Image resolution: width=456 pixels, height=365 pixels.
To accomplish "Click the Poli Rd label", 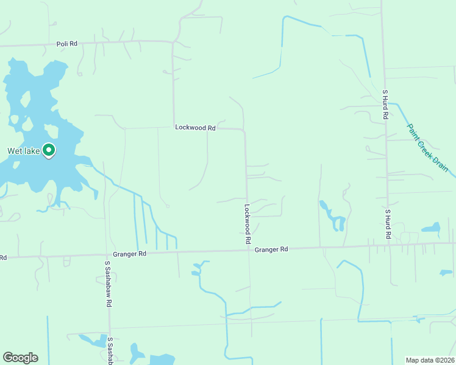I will (67, 44).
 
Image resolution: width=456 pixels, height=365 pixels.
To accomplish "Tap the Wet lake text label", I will (23, 151).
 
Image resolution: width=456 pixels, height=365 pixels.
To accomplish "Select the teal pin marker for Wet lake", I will (49, 150).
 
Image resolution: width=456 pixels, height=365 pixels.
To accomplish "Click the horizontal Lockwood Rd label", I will (195, 128).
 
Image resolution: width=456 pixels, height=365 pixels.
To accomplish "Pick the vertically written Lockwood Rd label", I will (248, 224).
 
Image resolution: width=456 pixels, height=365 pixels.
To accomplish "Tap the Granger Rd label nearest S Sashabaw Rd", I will (130, 254).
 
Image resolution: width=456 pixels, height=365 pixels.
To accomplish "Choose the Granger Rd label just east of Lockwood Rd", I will (271, 249).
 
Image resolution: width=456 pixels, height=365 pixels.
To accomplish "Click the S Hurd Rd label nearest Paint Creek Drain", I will (385, 105).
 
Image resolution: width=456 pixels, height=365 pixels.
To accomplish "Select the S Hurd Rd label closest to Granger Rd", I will (387, 223).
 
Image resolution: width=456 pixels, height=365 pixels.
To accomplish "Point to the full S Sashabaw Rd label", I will (107, 284).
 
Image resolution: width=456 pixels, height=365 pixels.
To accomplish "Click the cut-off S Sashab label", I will (110, 350).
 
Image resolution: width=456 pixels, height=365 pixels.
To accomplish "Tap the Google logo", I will (20, 358).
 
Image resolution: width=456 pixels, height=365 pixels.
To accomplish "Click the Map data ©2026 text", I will (430, 360).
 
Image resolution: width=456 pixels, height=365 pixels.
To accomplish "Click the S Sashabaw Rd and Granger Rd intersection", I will (107, 255).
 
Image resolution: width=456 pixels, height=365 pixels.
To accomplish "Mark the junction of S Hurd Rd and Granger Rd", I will (388, 245).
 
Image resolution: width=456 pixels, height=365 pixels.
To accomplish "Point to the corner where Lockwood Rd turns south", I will (244, 130).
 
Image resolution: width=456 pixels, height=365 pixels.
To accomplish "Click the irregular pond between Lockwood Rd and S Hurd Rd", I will (334, 217).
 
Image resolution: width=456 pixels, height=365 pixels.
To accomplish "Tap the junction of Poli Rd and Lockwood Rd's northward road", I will (173, 42).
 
